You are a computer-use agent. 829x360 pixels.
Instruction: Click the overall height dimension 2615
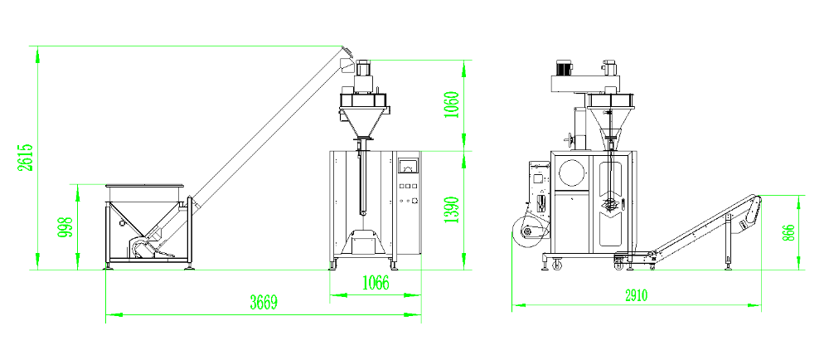(26, 157)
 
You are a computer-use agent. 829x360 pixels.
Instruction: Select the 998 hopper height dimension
(65, 226)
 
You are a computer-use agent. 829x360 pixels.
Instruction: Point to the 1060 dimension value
(452, 105)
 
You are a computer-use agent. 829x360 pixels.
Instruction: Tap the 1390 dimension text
(452, 210)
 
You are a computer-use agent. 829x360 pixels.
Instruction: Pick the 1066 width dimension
(376, 284)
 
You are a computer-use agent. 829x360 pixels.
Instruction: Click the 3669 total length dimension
(264, 303)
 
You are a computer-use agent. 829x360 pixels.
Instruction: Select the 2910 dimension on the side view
(636, 295)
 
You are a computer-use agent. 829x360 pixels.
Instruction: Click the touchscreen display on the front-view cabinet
(407, 165)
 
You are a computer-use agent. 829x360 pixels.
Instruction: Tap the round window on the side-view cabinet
(572, 172)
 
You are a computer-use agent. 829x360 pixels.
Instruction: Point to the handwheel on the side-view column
(570, 140)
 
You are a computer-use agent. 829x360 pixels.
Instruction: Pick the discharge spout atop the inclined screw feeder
(347, 59)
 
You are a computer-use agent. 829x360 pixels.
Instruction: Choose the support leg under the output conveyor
(728, 243)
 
